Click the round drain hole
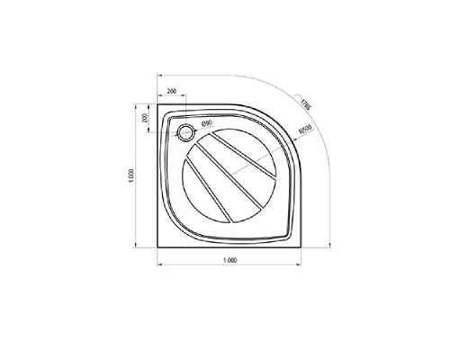(x=185, y=132)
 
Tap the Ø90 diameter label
(x=206, y=123)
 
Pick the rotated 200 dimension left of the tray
(x=144, y=119)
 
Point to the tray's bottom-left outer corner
(x=158, y=244)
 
